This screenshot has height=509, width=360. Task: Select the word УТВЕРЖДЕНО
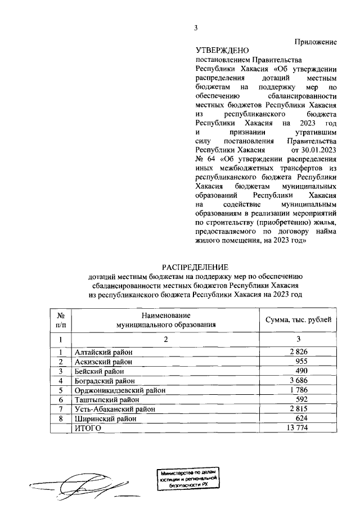coord(222,51)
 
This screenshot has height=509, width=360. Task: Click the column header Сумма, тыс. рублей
coord(298,320)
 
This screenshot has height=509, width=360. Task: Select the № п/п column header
coord(60,320)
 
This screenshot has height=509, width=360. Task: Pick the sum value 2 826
coord(301,352)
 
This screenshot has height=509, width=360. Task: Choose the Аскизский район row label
coord(101,362)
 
